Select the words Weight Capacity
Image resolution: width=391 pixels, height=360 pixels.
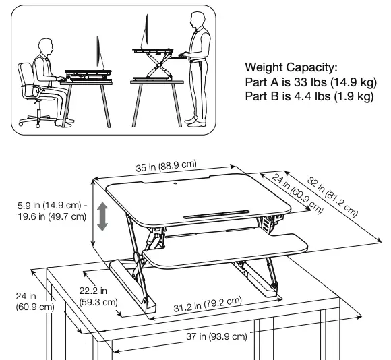[291, 68]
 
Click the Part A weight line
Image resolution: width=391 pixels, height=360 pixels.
[309, 82]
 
